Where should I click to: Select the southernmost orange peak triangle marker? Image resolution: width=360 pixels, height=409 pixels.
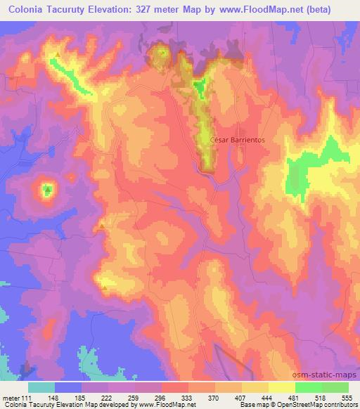(x=105, y=287)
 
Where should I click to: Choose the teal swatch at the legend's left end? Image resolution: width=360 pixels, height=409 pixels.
(x=41, y=387)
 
